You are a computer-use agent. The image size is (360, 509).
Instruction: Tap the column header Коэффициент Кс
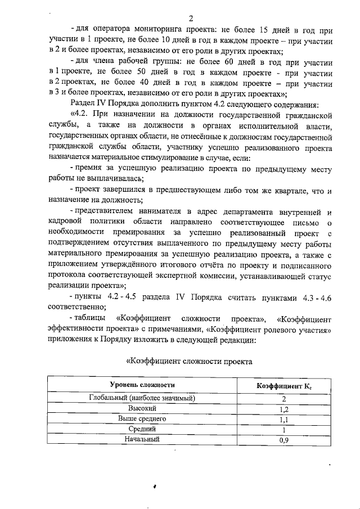click(x=284, y=385)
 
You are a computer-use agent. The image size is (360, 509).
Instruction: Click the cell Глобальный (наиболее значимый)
click(x=142, y=398)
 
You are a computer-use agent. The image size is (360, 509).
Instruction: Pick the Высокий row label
click(x=142, y=409)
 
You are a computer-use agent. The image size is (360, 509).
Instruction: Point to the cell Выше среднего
click(x=142, y=419)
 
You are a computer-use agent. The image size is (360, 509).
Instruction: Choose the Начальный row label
click(x=142, y=439)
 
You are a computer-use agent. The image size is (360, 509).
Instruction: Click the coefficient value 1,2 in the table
click(x=283, y=409)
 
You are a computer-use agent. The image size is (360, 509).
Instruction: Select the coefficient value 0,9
click(x=283, y=440)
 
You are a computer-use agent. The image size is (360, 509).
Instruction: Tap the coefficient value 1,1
click(x=283, y=420)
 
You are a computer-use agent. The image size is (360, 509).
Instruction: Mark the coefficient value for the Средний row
click(x=283, y=430)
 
